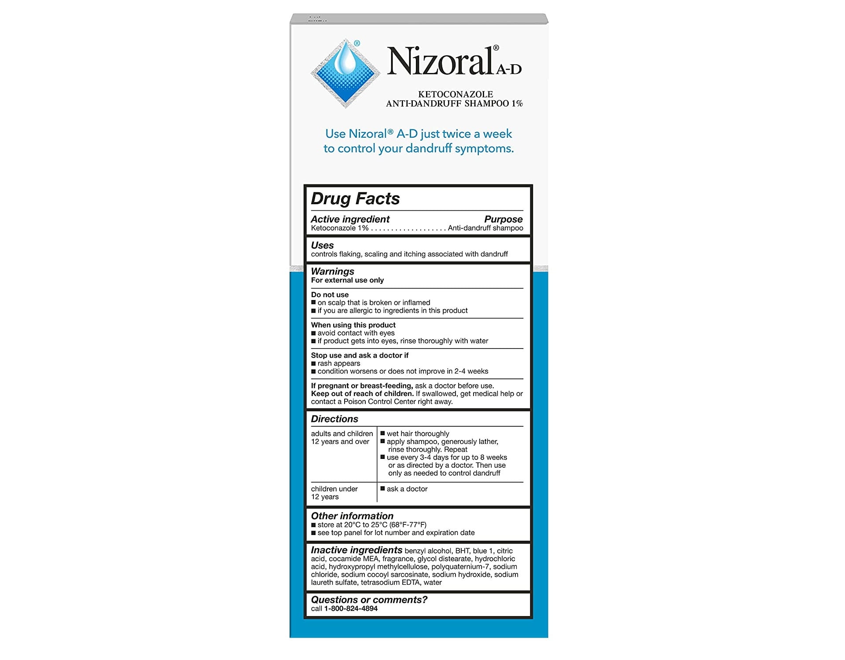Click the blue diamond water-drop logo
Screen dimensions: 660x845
coord(345,73)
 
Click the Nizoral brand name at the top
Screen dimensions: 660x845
coord(440,62)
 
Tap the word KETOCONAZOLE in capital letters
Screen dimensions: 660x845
coord(455,94)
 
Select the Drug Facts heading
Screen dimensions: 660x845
coord(355,199)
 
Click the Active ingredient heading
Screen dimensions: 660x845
coord(350,219)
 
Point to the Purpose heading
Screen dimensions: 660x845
coord(503,219)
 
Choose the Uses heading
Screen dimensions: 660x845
coord(322,245)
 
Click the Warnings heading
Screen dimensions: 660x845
coord(332,271)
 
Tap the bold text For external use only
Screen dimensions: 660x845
coord(347,280)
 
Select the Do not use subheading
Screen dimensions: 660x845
coord(330,295)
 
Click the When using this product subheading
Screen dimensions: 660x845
coord(353,325)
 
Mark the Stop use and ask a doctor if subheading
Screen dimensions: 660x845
coord(360,356)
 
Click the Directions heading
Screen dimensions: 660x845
coord(334,419)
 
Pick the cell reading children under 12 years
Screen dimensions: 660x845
coord(334,493)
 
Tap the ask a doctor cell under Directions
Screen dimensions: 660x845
coord(407,489)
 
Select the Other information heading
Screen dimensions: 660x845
coord(352,516)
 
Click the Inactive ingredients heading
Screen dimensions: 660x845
coord(356,550)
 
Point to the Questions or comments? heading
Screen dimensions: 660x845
coord(369,600)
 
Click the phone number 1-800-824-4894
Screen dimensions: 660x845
coord(351,609)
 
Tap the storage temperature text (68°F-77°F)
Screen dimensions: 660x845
coord(408,525)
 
